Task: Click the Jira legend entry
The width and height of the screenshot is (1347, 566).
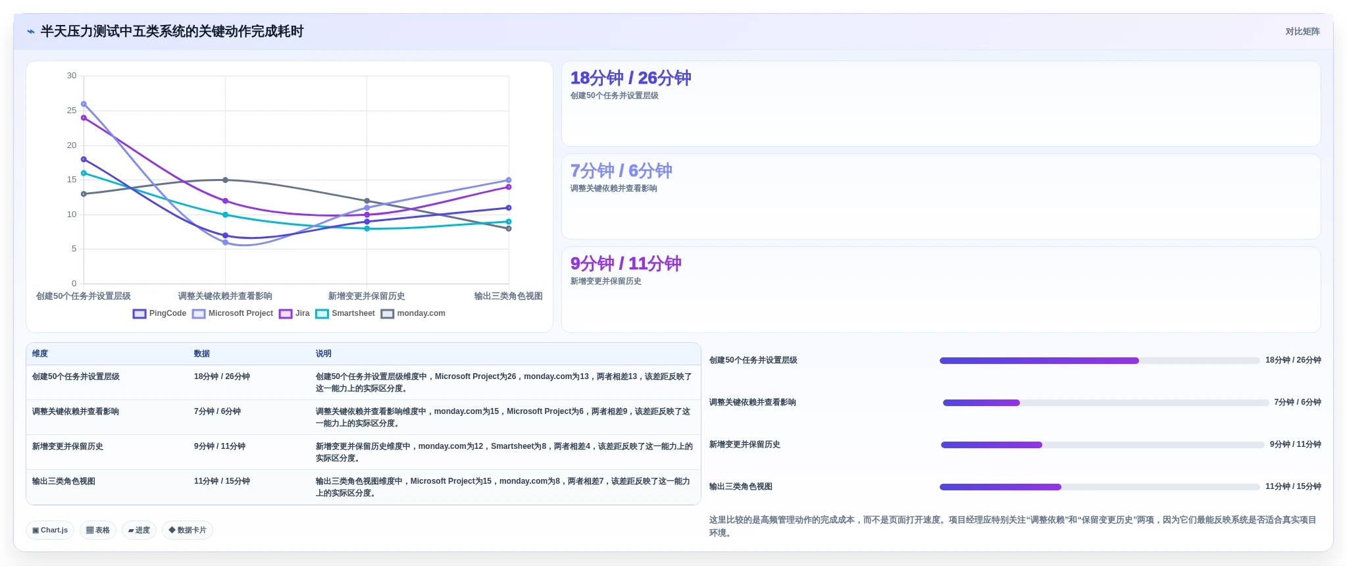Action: tap(294, 313)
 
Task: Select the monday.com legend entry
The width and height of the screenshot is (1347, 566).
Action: tap(413, 313)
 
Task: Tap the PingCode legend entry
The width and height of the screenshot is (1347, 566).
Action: tap(160, 313)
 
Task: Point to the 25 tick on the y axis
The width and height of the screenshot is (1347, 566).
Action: tap(72, 111)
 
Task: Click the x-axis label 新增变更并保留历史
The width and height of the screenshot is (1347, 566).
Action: tap(367, 296)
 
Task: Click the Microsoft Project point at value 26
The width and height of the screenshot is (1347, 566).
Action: tap(84, 104)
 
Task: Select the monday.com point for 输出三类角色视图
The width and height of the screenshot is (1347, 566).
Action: tap(509, 228)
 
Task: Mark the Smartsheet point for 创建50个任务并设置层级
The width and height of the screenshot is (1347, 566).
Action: tap(84, 173)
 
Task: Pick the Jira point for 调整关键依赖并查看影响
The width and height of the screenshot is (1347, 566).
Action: tap(225, 201)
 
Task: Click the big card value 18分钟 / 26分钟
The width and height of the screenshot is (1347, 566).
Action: tap(630, 78)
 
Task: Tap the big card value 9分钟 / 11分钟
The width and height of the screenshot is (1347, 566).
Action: tap(626, 264)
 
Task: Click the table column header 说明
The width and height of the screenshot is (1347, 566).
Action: tap(323, 353)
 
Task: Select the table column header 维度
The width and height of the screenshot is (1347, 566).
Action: tap(40, 353)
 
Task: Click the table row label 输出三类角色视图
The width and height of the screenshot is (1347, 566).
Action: tap(64, 481)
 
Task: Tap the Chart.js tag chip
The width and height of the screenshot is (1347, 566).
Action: tap(50, 530)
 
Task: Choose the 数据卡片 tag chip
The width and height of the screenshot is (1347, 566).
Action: tap(188, 530)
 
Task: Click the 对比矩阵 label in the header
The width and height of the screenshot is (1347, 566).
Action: tap(1303, 32)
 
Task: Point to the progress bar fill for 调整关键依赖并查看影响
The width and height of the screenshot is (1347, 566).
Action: tap(981, 403)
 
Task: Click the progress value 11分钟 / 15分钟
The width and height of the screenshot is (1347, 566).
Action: tap(1293, 486)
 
